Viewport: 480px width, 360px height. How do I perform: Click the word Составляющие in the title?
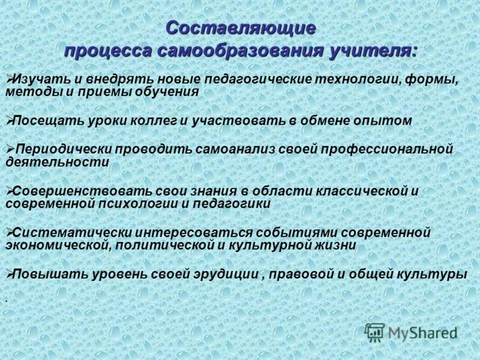pyautogui.click(x=240, y=28)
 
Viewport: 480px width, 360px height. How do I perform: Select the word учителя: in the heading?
pyautogui.click(x=373, y=50)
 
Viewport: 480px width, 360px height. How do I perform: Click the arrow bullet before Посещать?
pyautogui.click(x=9, y=120)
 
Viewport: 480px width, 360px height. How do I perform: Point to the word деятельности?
pyautogui.click(x=57, y=162)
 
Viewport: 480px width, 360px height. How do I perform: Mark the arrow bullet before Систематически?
pyautogui.click(x=9, y=232)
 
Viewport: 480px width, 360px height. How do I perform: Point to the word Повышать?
pyautogui.click(x=49, y=274)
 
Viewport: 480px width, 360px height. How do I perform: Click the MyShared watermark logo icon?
pyautogui.click(x=375, y=332)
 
